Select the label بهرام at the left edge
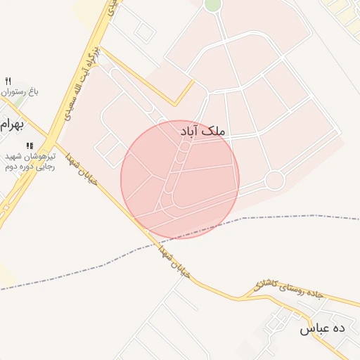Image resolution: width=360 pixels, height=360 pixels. tap(12, 126)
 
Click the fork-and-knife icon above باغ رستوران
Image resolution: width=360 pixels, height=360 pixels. tap(8, 81)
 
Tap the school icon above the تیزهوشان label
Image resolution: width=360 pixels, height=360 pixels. tap(30, 146)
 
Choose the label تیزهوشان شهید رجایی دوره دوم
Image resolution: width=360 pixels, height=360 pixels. tap(28, 161)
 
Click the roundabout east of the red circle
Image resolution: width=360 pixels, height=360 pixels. tap(274, 181)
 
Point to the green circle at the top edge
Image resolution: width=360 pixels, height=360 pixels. tap(212, 5)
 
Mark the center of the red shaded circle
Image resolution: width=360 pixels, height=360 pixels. tap(180, 179)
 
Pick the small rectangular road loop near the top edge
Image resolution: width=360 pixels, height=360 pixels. tap(145, 31)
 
